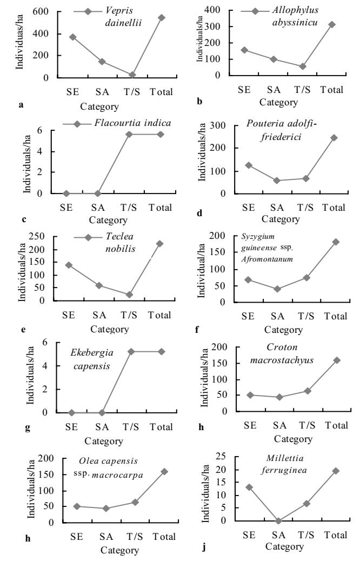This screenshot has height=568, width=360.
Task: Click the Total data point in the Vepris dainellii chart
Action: point(162,17)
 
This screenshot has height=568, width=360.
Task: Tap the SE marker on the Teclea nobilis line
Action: point(69,265)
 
